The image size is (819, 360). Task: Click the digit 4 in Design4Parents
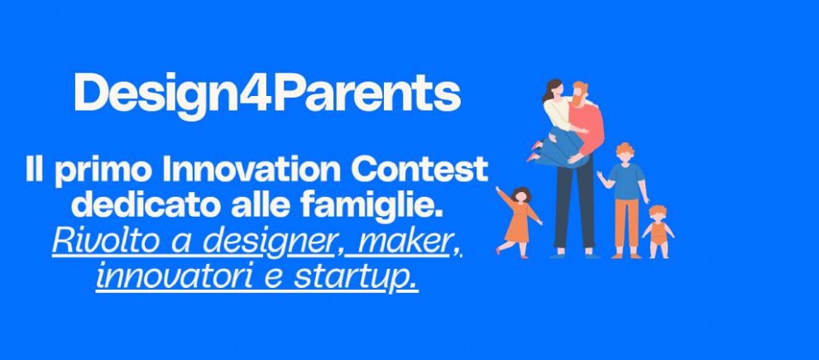[x=254, y=94]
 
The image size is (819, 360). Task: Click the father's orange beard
[x=578, y=98]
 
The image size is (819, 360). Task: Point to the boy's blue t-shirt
[x=625, y=180]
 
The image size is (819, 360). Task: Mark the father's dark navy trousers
[x=575, y=204]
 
